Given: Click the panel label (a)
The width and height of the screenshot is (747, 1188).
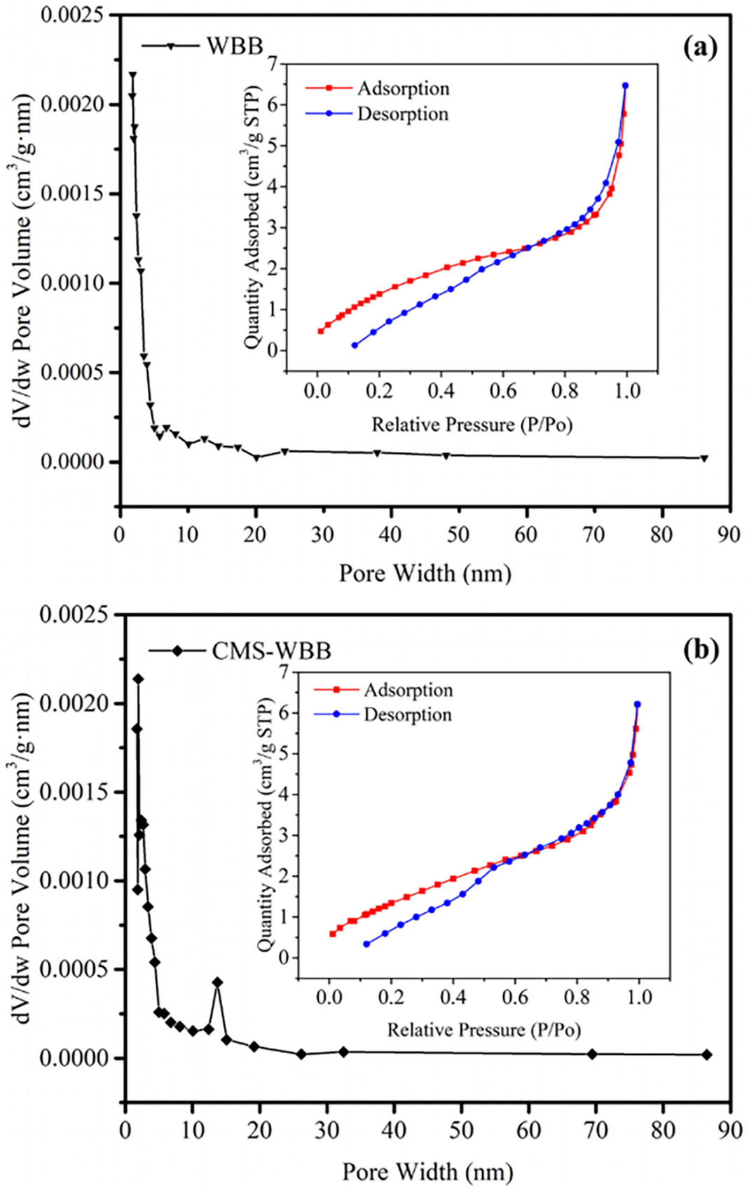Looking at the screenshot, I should point(700,48).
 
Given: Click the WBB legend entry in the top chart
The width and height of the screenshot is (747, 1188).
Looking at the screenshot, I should point(234,46).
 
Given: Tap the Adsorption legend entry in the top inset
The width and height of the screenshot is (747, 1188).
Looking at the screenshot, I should point(403,88).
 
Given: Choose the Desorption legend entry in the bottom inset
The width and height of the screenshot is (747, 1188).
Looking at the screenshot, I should point(407,714).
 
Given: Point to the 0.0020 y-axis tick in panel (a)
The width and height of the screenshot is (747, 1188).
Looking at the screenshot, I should point(71,104).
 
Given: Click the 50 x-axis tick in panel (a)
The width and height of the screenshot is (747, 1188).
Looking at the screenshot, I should point(458,534).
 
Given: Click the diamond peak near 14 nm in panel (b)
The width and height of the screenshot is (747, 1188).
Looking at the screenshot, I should point(217,982).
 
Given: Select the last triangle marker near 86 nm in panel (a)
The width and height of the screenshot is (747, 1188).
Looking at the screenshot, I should point(704,458).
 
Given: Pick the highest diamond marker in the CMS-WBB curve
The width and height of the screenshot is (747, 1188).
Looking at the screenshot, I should point(138,679).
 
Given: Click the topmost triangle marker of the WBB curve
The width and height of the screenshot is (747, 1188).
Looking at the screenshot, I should point(132,75).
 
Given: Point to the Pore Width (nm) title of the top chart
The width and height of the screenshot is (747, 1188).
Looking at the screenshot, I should point(425,573).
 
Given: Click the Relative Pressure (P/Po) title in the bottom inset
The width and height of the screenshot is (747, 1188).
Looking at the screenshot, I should point(484,1030).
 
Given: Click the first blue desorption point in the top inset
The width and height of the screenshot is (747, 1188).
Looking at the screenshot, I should point(355,345).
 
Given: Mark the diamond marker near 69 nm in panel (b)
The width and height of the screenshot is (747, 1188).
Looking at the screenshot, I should point(592,1054).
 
